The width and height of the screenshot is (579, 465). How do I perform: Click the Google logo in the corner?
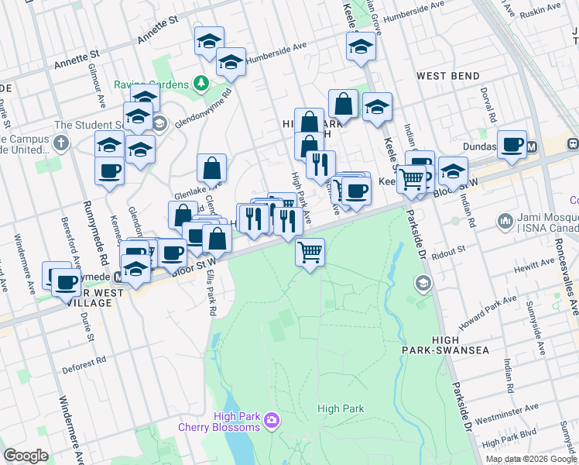coord(26,456)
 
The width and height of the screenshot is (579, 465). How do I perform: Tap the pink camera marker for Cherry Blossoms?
coord(272,420)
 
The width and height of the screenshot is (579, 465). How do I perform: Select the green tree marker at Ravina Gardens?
coord(200,81)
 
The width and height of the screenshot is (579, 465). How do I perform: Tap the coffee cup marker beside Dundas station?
coord(512,144)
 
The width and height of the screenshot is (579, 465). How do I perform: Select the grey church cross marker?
coord(60,143)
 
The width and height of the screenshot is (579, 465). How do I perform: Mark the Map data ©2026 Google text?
coord(531,458)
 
